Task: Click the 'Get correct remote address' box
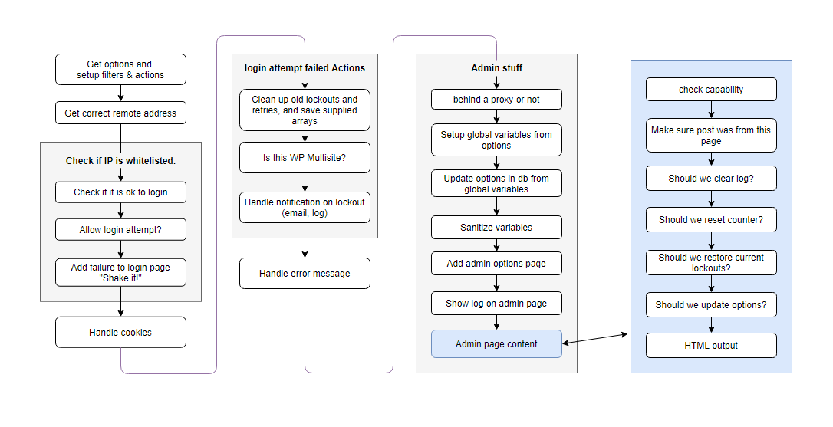[x=120, y=113]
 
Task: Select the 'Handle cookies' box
[x=120, y=333]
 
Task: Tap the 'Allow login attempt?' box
[x=120, y=229]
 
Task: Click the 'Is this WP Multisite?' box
[x=305, y=158]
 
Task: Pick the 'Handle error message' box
[x=305, y=274]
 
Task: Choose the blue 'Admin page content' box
[x=496, y=343]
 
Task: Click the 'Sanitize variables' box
[x=496, y=228]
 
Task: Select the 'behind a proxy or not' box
[x=496, y=100]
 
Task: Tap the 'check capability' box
[x=711, y=89]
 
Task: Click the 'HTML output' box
[x=711, y=345]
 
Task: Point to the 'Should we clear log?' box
[x=711, y=179]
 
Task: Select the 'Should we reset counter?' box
[x=711, y=220]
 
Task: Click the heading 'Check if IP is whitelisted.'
[x=120, y=160]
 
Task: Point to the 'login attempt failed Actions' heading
[x=305, y=68]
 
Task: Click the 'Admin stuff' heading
[x=496, y=68]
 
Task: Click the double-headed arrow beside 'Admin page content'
[x=595, y=339]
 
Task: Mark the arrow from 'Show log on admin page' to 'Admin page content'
[x=496, y=323]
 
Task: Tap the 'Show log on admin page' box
[x=496, y=304]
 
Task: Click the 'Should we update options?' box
[x=711, y=305]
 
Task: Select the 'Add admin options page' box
[x=496, y=264]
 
